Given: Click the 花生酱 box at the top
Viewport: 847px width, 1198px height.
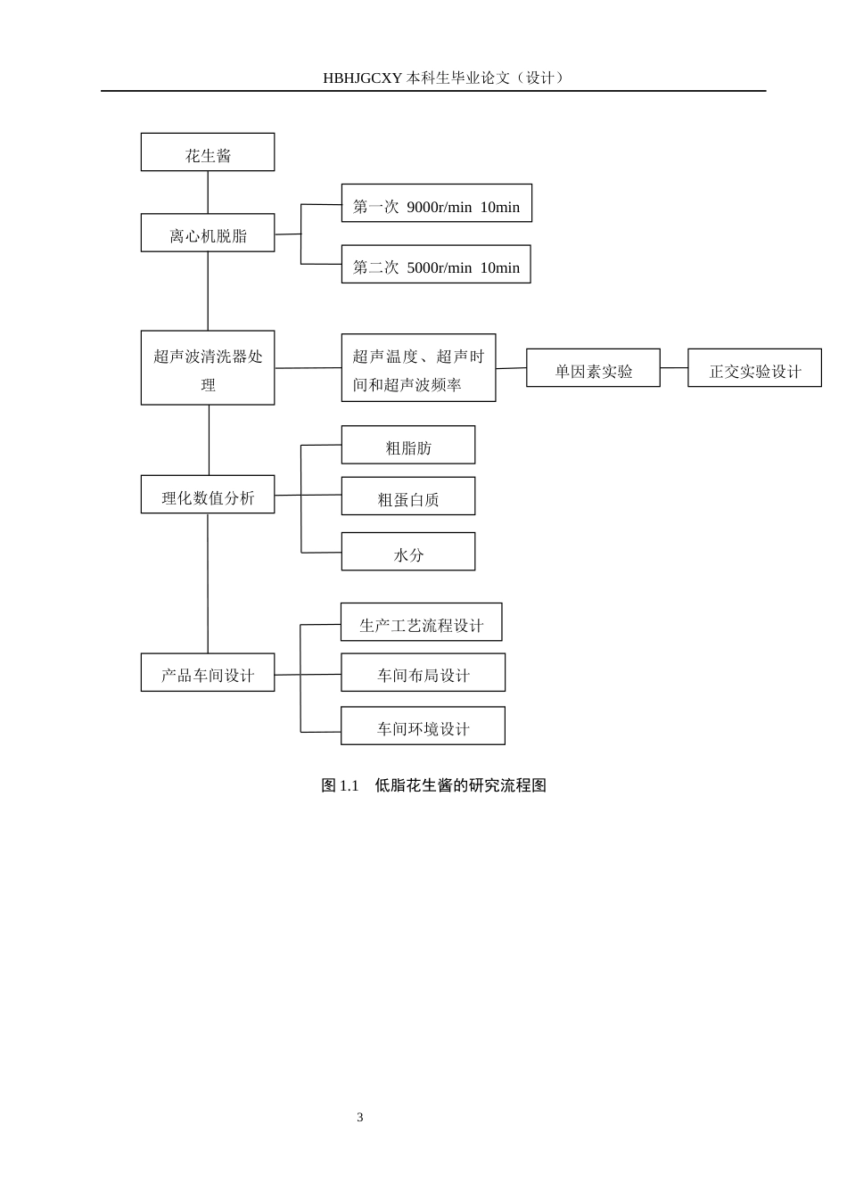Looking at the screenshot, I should click(208, 152).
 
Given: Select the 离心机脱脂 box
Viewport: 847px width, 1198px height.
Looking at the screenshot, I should click(208, 233).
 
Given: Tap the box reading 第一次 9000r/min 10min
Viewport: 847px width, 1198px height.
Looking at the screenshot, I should click(436, 203).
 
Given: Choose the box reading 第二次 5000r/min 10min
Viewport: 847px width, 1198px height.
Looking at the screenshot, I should click(436, 265).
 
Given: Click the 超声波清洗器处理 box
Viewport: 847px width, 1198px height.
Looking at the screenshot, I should click(208, 368).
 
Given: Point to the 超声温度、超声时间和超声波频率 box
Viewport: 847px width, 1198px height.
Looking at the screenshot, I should click(418, 368).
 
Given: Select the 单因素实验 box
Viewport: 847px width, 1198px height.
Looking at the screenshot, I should click(593, 368).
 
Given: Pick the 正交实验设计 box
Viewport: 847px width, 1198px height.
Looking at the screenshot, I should click(754, 368).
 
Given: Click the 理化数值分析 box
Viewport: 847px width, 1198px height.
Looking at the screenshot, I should click(208, 495).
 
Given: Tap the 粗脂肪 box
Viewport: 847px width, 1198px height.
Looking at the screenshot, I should click(408, 445).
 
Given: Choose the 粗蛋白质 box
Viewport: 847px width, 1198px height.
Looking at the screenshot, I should click(408, 496).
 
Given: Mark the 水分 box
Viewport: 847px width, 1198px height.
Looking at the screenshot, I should click(408, 552).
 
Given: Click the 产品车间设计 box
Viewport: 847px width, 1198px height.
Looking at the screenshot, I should click(208, 673).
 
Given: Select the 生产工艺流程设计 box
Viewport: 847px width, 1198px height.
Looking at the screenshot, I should click(421, 622).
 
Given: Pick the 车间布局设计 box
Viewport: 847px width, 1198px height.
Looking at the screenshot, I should click(423, 673).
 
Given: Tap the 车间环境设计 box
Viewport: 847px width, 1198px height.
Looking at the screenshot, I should click(423, 726).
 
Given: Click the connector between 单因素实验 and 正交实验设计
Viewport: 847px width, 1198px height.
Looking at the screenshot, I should click(674, 368).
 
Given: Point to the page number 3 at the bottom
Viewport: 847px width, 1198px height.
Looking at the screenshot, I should click(360, 1118).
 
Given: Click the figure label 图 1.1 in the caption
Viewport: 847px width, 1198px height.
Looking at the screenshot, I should click(340, 785).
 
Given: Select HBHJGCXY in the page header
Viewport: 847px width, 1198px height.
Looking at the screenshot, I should click(363, 78).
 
